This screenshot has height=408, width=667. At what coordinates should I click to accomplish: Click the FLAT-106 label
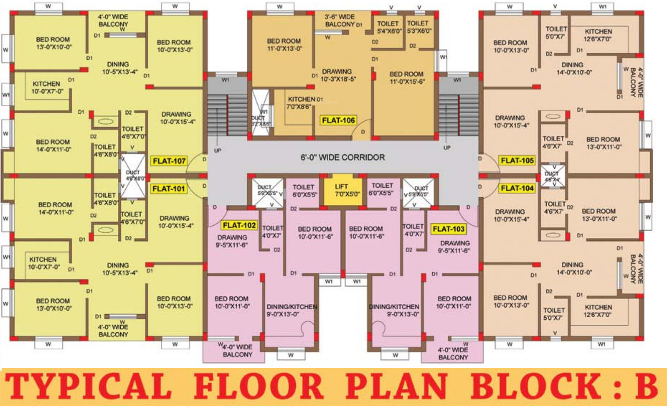pyautogui.click(x=338, y=120)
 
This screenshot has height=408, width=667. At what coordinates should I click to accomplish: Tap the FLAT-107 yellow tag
pyautogui.click(x=169, y=161)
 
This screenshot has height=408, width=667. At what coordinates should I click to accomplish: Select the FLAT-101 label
pyautogui.click(x=169, y=189)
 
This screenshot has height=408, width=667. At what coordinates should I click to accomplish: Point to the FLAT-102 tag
pyautogui.click(x=239, y=225)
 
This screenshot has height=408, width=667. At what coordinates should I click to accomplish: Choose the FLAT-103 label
pyautogui.click(x=448, y=229)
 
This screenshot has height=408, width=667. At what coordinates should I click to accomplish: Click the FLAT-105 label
pyautogui.click(x=517, y=161)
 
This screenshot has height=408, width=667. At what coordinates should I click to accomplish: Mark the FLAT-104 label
pyautogui.click(x=517, y=188)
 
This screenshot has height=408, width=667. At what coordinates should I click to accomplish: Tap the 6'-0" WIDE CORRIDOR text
pyautogui.click(x=342, y=157)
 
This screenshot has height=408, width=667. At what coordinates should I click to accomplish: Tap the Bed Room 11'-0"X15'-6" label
pyautogui.click(x=407, y=78)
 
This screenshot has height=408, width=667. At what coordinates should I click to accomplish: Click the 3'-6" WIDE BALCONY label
pyautogui.click(x=340, y=20)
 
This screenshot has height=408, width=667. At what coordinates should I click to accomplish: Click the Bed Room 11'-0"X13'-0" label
pyautogui.click(x=284, y=45)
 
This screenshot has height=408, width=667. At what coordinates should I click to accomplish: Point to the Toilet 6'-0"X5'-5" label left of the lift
pyautogui.click(x=304, y=191)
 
